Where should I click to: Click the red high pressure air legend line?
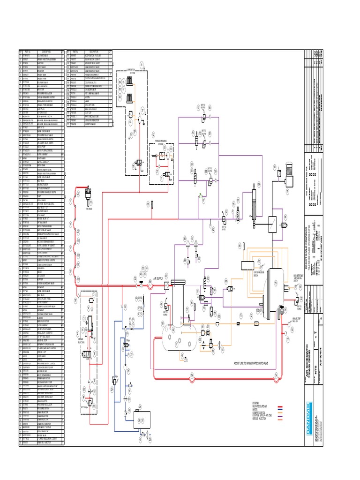point(281,408)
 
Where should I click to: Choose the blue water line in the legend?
point(281,411)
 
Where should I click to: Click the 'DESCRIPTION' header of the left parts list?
point(46,52)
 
